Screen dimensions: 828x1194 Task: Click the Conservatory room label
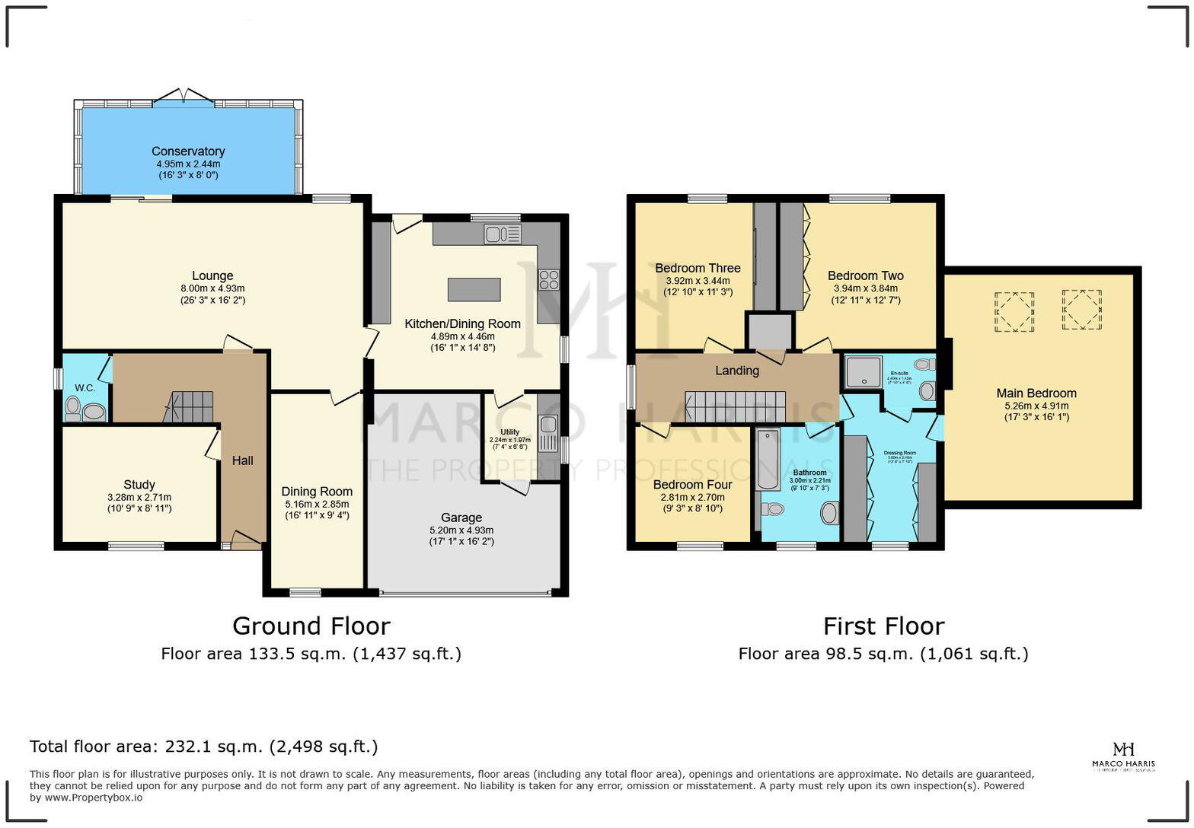(x=188, y=151)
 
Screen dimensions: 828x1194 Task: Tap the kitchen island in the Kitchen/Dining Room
(x=474, y=290)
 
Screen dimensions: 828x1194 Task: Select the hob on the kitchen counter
(x=548, y=280)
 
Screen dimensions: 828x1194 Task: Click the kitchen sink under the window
(x=502, y=234)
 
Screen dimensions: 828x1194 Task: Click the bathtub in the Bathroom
(x=766, y=460)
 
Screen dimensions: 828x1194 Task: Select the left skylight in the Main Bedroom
(x=1012, y=310)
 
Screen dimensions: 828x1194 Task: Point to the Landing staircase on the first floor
(x=736, y=406)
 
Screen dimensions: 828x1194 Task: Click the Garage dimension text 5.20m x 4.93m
(x=461, y=530)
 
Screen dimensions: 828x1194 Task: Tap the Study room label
(x=139, y=484)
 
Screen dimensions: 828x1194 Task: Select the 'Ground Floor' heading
(x=311, y=626)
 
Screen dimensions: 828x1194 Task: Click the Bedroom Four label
(x=692, y=485)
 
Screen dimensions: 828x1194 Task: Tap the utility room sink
(x=548, y=434)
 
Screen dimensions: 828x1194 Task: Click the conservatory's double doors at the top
(x=184, y=97)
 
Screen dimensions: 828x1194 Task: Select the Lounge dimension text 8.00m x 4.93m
(x=212, y=288)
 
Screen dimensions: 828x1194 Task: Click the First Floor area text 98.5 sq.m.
(x=883, y=654)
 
